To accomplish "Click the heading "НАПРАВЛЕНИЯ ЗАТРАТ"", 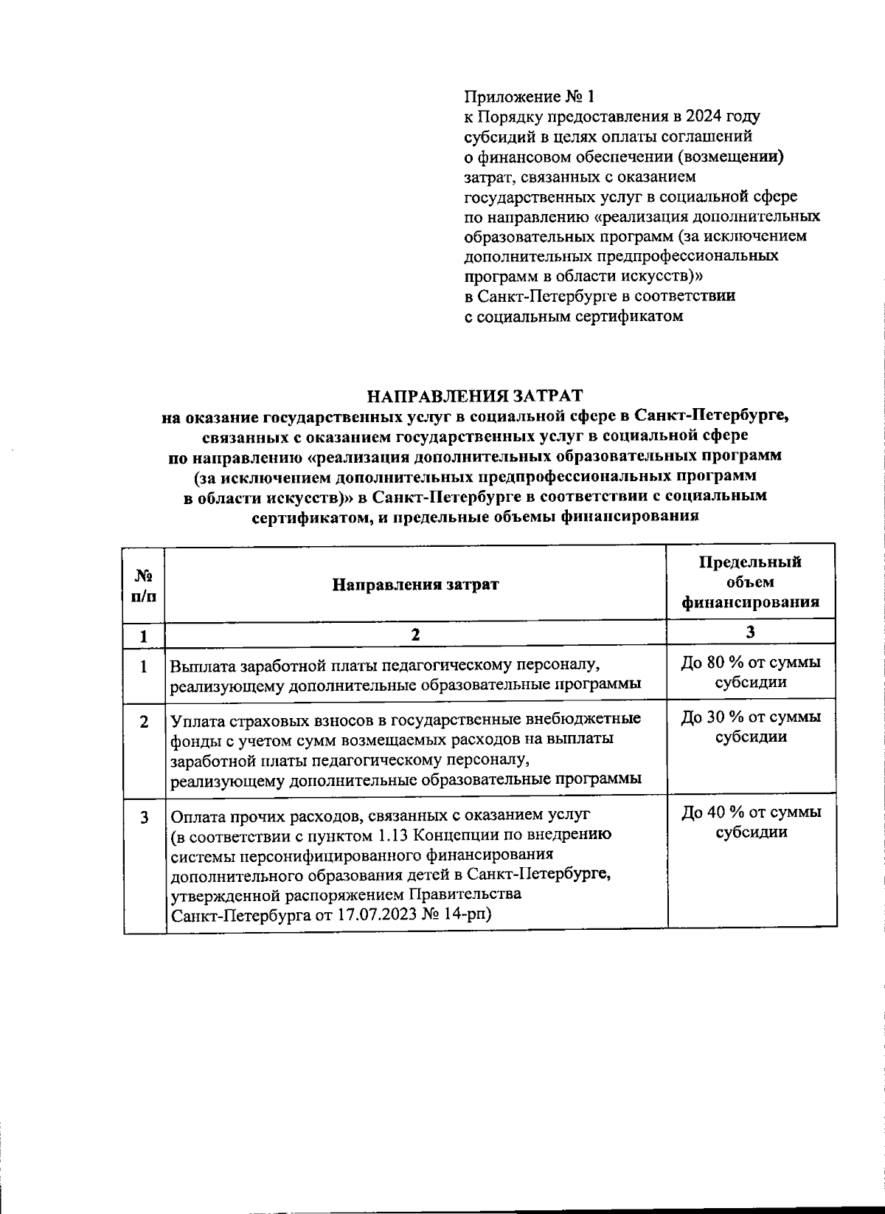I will pyautogui.click(x=475, y=396).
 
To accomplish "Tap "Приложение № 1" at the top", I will pyautogui.click(x=528, y=97).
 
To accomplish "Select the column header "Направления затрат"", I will pyautogui.click(x=414, y=584).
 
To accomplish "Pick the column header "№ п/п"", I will pyautogui.click(x=144, y=584).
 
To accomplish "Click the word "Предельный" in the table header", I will pyautogui.click(x=749, y=562).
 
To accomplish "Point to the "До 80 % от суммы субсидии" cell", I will pyautogui.click(x=751, y=672).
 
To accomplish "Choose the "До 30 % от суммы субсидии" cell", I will pyautogui.click(x=751, y=727).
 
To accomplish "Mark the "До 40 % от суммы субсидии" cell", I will pyautogui.click(x=751, y=822).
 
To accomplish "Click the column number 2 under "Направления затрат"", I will pyautogui.click(x=414, y=634).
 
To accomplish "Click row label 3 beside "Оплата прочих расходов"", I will pyautogui.click(x=144, y=818).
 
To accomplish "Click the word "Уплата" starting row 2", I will pyautogui.click(x=197, y=720).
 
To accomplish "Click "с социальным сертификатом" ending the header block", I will pyautogui.click(x=573, y=317).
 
